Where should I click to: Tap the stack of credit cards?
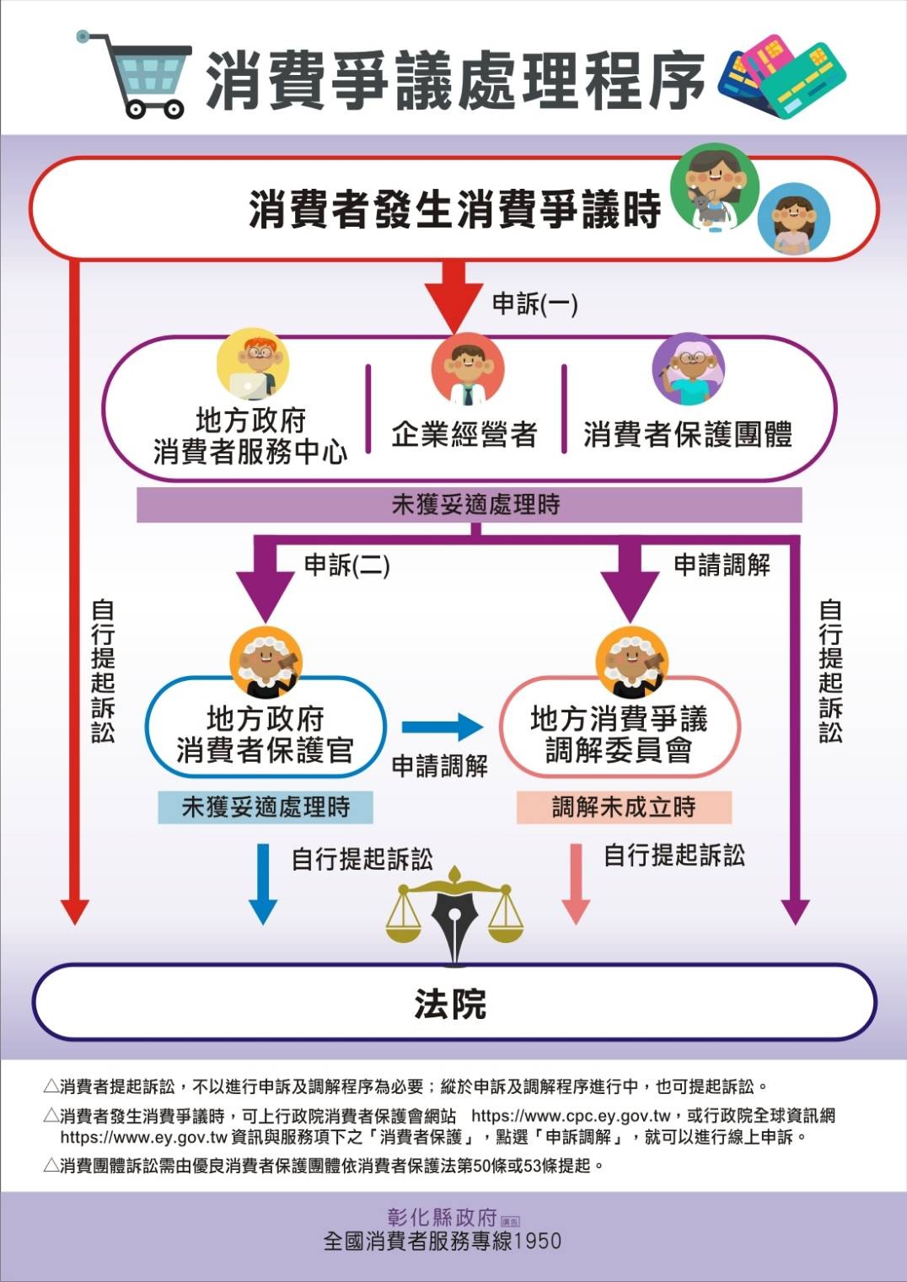click(781, 76)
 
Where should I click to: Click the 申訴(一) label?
click(534, 304)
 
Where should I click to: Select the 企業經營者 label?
click(464, 435)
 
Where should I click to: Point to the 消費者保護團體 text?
click(687, 435)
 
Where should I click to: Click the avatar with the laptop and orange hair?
click(253, 365)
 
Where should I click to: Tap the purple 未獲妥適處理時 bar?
click(469, 505)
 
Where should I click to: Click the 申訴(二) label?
click(346, 566)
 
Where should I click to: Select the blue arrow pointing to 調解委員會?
click(441, 727)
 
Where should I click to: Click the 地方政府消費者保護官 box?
click(265, 733)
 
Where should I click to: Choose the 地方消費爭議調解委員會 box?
click(619, 733)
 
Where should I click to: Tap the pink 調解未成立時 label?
click(624, 807)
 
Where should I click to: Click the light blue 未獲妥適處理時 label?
click(266, 807)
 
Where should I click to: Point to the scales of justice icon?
click(455, 915)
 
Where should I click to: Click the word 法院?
click(450, 1004)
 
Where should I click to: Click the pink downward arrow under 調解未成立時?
click(577, 883)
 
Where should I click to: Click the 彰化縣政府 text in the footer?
click(443, 1217)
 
